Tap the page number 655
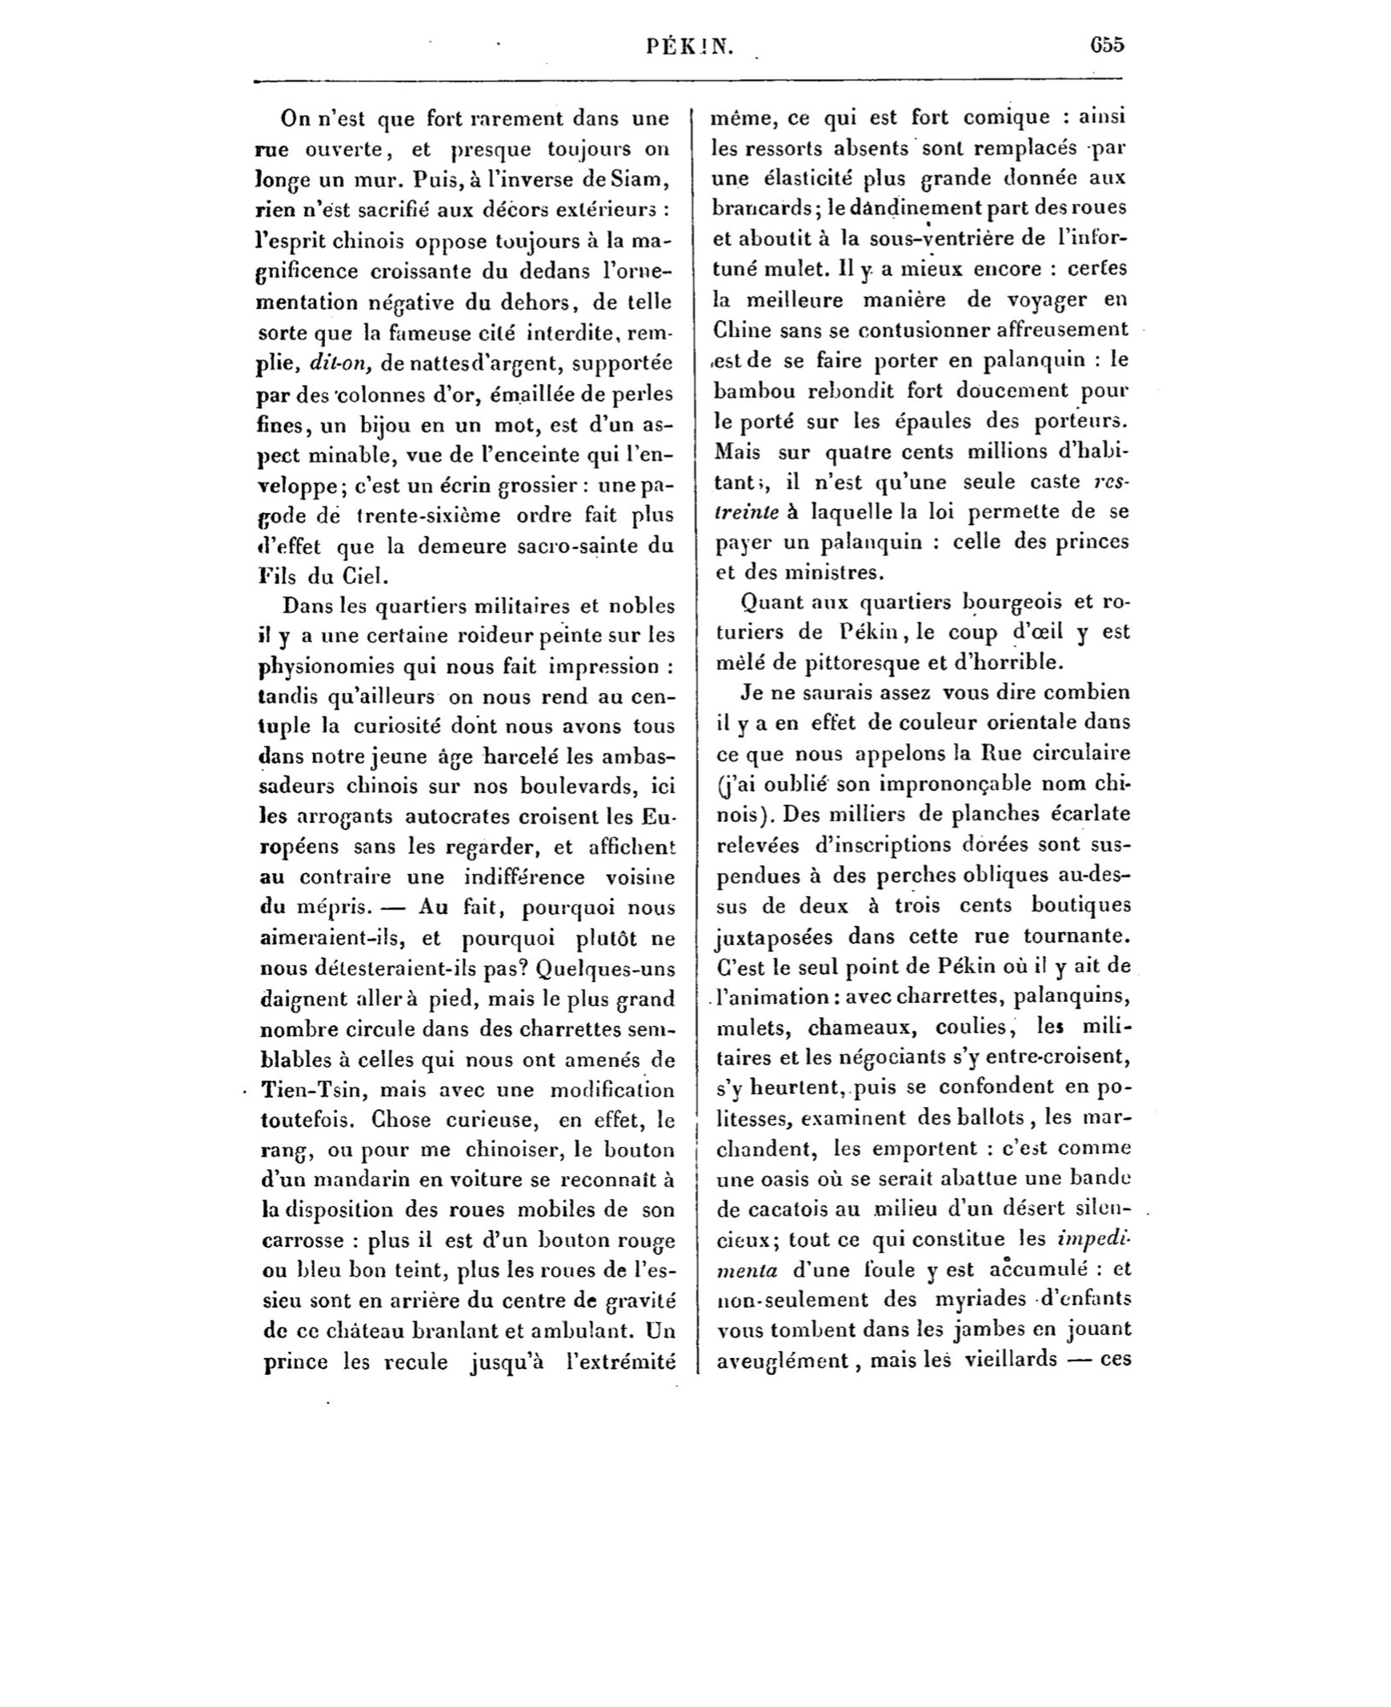[x=1107, y=45]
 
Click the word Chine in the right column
[x=742, y=330]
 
